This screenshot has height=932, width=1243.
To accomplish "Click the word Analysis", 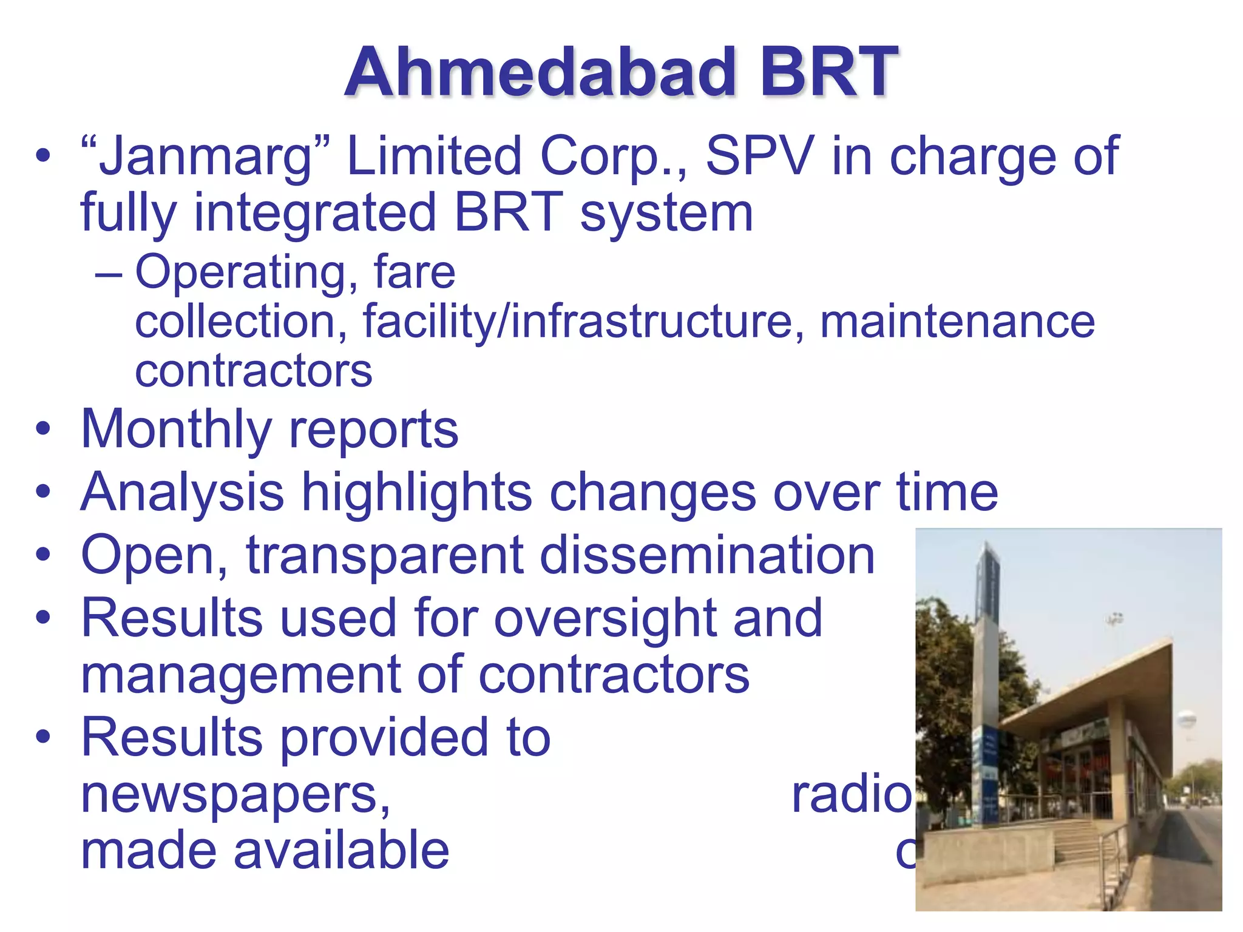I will tap(182, 493).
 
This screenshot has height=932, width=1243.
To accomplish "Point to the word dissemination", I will tap(707, 555).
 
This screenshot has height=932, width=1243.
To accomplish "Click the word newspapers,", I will tap(235, 795).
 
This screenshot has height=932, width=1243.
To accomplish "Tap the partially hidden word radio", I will tap(850, 795).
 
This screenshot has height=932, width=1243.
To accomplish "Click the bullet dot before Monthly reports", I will tap(42, 429).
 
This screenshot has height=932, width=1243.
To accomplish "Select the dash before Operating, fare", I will tap(109, 274).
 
